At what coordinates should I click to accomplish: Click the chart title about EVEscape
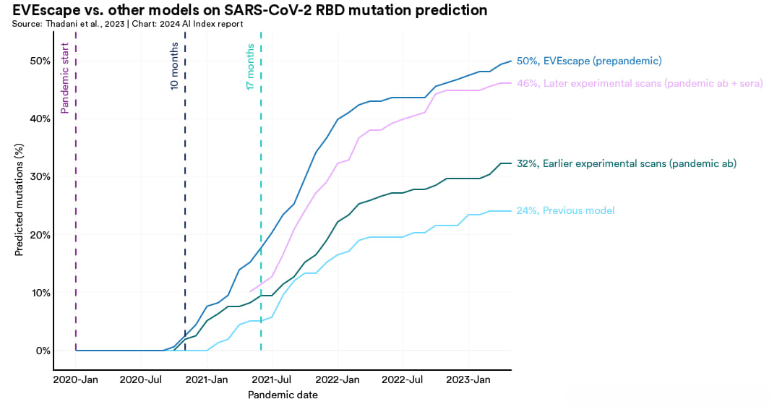(249, 10)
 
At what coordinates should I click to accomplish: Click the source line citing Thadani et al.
(127, 24)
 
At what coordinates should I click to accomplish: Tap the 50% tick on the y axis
(39, 61)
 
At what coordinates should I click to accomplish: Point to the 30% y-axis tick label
(39, 177)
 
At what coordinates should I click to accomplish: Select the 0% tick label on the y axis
(42, 351)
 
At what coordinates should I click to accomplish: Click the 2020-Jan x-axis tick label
(76, 379)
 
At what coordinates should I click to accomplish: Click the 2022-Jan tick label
(338, 379)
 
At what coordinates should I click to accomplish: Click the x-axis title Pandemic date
(283, 395)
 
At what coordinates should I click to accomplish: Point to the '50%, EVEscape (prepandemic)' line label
(589, 61)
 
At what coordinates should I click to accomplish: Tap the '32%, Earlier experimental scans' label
(627, 163)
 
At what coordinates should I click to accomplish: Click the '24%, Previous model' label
(566, 210)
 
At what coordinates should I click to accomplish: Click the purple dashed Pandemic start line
(76, 217)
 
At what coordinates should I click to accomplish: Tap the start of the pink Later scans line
(250, 291)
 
